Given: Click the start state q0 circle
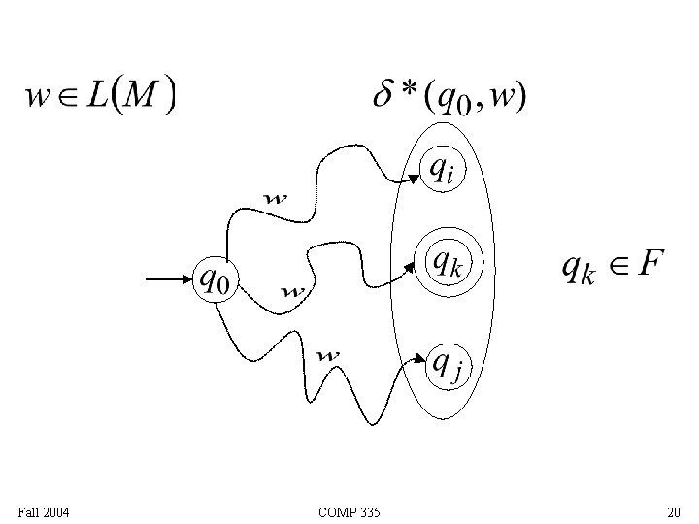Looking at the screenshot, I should tap(216, 279).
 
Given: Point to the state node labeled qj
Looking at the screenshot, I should tap(446, 365).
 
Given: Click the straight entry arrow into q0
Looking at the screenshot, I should tap(170, 280).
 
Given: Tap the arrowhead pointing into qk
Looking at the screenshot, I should tap(412, 267).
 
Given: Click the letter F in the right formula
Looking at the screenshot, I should tap(650, 263).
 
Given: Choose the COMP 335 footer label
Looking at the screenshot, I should tap(349, 511).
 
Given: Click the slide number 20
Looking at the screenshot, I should tap(673, 511).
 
